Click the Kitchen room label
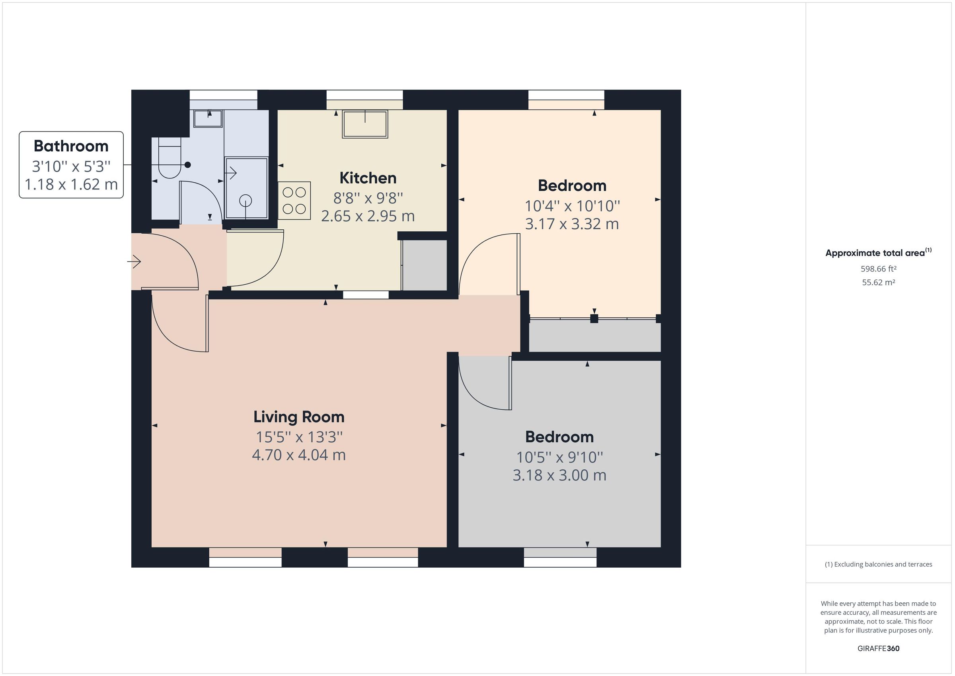pos(368,178)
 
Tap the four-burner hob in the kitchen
pos(294,201)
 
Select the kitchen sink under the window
pos(365,124)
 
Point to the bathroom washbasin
pos(208,118)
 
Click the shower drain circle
pos(246,201)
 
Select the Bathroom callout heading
pos(71,146)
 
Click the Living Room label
pos(299,417)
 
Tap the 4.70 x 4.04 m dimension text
pos(299,455)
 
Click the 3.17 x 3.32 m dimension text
pos(572,224)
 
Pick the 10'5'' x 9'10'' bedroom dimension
pos(559,457)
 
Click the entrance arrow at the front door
pos(134,262)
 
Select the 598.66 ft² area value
pos(878,269)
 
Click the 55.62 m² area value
pos(878,282)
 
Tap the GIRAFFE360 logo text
pos(878,649)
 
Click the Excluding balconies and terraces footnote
pos(878,565)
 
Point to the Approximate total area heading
pos(875,253)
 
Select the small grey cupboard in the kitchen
pos(425,266)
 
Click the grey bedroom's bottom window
pos(560,558)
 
